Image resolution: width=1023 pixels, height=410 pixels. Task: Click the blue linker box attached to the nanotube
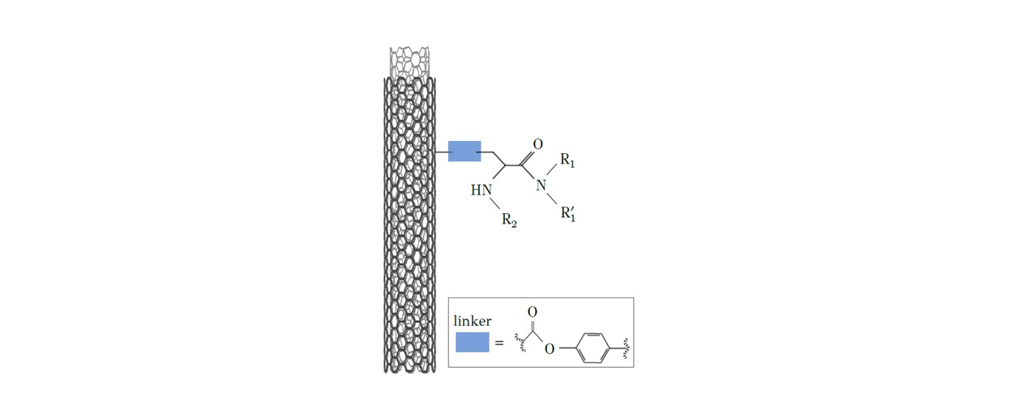click(x=464, y=152)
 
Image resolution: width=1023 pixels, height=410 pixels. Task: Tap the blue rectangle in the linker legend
click(x=473, y=342)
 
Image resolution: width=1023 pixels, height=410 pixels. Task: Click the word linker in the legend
click(x=473, y=321)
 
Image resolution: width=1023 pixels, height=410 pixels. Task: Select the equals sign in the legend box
click(x=499, y=343)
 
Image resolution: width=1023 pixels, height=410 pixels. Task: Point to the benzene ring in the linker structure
click(x=592, y=348)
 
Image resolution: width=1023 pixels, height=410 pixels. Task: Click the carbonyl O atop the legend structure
click(x=533, y=312)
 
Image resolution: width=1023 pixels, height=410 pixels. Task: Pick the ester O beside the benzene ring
click(x=550, y=349)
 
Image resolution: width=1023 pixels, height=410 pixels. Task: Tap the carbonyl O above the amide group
click(x=538, y=144)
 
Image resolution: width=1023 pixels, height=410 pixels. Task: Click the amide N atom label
click(x=541, y=186)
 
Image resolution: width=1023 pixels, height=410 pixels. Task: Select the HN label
click(x=482, y=190)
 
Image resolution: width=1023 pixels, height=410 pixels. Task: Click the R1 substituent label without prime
click(x=567, y=160)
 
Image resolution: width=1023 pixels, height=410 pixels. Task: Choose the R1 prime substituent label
click(x=568, y=214)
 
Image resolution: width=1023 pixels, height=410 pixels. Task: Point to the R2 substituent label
click(x=509, y=220)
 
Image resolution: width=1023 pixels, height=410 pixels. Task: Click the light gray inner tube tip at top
click(x=409, y=62)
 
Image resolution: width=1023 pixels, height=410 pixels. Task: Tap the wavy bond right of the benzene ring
click(x=627, y=348)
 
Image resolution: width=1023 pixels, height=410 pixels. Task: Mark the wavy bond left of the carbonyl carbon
click(x=520, y=343)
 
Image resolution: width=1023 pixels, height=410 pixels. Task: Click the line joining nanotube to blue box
click(x=441, y=152)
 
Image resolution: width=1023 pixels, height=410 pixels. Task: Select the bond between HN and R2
click(x=495, y=204)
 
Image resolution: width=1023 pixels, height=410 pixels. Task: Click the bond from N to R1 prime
click(x=552, y=199)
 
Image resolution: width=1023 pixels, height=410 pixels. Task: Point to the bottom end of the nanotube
click(x=409, y=372)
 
